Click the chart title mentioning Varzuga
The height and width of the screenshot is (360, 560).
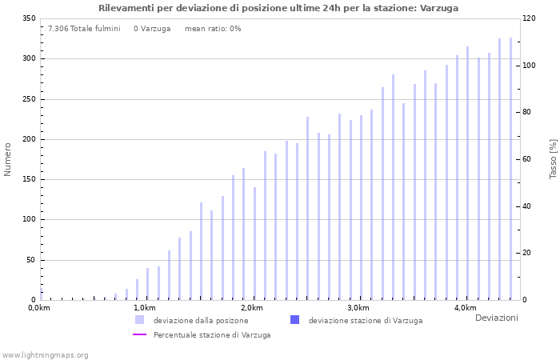(278, 8)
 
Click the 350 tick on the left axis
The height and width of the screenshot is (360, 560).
(28, 18)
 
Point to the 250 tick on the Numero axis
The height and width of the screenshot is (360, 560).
(28, 99)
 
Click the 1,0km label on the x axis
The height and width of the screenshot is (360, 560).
(144, 309)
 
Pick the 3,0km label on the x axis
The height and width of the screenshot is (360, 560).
(358, 309)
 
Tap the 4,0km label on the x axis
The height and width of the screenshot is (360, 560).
(465, 309)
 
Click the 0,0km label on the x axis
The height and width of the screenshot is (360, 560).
(39, 309)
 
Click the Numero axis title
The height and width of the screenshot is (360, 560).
(8, 159)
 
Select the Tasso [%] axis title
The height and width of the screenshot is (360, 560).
(553, 159)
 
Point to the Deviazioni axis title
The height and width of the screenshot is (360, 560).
(496, 318)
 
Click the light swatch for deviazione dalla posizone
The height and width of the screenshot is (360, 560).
(140, 320)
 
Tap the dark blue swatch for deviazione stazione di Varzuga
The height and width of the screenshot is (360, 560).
(294, 320)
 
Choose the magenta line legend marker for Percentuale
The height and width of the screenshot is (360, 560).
(140, 335)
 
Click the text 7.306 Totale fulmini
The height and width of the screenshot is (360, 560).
(84, 29)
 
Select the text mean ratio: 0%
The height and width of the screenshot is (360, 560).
(212, 29)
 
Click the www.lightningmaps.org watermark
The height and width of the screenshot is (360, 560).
(45, 355)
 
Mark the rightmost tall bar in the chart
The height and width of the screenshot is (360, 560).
(510, 169)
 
